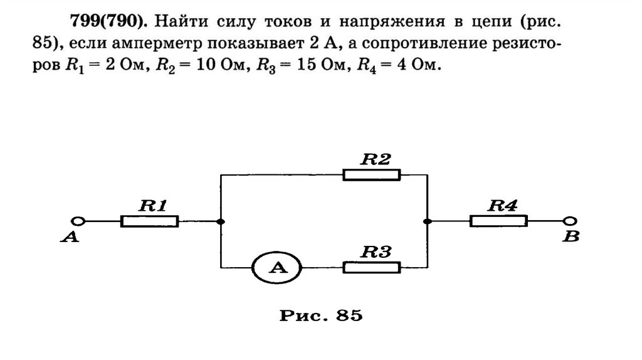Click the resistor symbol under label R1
point(149,221)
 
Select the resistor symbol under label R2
point(372,174)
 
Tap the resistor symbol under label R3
point(372,267)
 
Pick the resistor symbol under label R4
point(498,221)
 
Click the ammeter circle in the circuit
point(276,268)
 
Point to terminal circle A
point(78,221)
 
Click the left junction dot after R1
point(220,221)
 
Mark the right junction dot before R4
point(426,221)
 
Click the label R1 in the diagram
point(152,204)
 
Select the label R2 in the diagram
point(375,159)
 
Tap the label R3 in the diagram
point(376,252)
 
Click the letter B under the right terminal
point(571,238)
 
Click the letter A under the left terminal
point(71,238)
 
